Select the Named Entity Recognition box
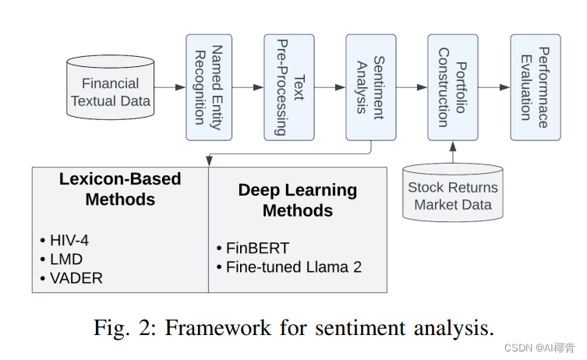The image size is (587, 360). [x=209, y=87]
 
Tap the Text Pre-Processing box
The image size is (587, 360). [x=288, y=87]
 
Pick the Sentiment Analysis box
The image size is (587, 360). [x=370, y=87]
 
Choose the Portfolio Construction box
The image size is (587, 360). [x=452, y=87]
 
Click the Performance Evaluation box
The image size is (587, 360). [x=535, y=87]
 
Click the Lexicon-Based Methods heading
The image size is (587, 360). [x=120, y=189]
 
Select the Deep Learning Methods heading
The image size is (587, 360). [x=297, y=200]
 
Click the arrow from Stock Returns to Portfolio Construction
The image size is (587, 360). [x=453, y=152]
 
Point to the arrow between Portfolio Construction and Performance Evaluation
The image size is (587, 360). [x=493, y=87]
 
